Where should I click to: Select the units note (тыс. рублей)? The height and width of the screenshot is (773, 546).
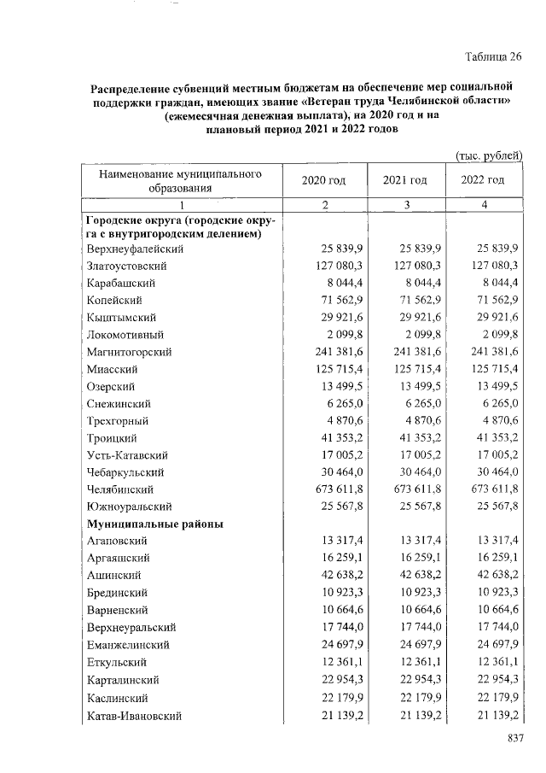click(489, 155)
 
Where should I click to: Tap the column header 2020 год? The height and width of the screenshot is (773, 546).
click(323, 180)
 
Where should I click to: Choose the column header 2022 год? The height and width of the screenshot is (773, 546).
click(483, 180)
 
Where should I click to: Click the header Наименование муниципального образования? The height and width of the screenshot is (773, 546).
click(179, 180)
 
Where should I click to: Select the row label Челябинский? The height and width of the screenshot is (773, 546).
click(120, 489)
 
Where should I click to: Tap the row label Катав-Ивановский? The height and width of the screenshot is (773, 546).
click(134, 714)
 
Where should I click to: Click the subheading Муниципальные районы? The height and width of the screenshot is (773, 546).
click(154, 524)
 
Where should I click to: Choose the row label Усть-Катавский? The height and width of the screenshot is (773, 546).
click(126, 455)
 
